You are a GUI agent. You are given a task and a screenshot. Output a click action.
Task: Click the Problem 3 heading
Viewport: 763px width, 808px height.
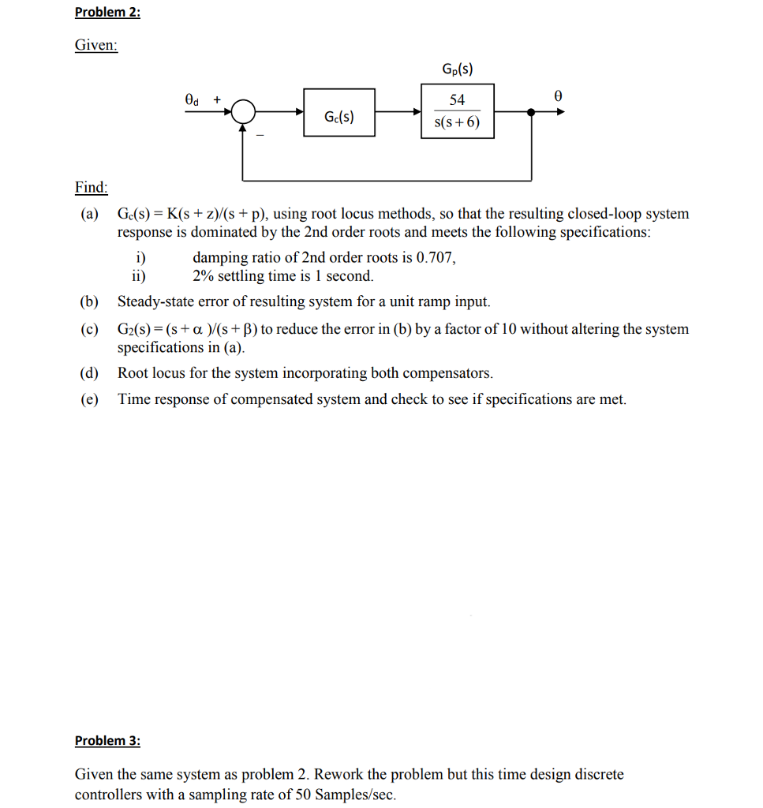107,740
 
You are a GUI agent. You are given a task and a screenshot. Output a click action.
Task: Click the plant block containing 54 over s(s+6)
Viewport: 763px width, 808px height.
457,112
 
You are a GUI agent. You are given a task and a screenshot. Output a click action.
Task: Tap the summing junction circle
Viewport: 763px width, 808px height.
244,113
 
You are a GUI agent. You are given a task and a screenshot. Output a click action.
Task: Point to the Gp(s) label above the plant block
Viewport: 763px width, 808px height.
458,69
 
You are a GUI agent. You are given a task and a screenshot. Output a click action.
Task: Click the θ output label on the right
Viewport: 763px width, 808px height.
558,95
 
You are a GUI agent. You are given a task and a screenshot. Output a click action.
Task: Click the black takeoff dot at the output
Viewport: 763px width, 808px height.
531,113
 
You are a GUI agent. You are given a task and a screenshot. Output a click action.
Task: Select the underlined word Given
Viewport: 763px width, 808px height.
96,45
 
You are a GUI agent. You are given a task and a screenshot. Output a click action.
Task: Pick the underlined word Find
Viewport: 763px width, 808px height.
92,187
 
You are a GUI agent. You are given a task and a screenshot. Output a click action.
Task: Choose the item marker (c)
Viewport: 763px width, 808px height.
89,329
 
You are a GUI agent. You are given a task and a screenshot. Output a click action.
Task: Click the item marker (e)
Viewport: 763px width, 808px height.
89,399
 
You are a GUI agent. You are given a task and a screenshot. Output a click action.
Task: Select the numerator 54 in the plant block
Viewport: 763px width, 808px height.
457,100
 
